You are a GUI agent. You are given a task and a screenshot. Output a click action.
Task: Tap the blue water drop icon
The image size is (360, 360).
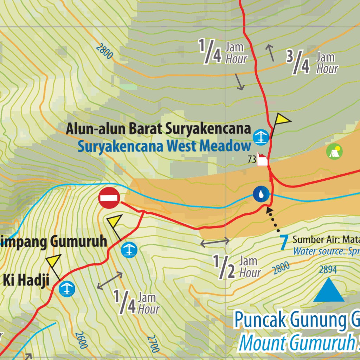[261, 194]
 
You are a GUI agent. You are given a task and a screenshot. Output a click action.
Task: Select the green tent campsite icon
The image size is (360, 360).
[334, 151]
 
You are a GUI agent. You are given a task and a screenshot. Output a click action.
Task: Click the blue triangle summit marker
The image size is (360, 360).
[329, 291]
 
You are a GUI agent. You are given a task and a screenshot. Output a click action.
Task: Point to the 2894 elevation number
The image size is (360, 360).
[328, 270]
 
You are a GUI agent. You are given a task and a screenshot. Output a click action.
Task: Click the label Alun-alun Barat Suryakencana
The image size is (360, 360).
[158, 129]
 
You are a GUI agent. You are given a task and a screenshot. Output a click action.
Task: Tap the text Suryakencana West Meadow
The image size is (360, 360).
[165, 146]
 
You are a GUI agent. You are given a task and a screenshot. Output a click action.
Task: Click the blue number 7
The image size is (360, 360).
[284, 243]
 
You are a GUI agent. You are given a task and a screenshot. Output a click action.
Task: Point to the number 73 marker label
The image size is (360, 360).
[252, 160]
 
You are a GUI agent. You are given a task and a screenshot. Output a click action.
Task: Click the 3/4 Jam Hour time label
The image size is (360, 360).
[312, 63]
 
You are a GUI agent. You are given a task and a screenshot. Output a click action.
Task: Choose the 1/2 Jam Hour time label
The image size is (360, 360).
[237, 267]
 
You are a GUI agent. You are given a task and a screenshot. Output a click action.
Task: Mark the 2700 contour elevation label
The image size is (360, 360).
[153, 343]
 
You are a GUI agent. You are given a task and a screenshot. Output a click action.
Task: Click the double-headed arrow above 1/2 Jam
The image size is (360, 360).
[215, 242]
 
